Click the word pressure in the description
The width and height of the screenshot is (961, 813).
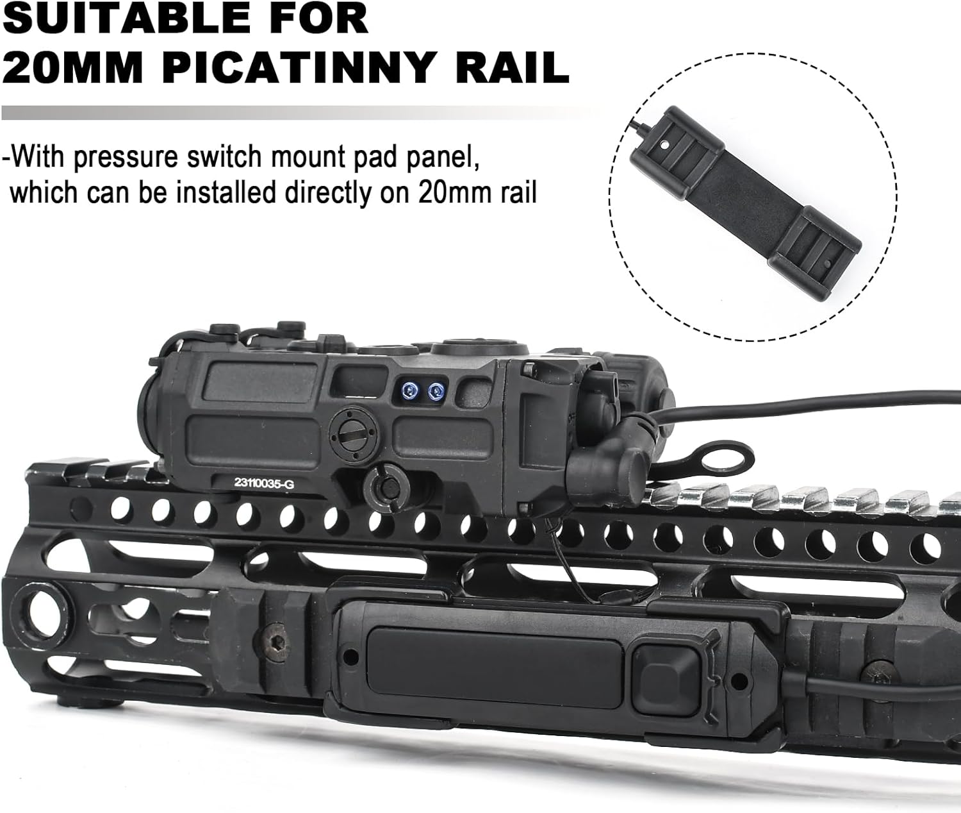coord(132,157)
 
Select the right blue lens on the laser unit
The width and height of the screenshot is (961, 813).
coord(438,389)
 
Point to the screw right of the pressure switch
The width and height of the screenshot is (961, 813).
coord(875,675)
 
